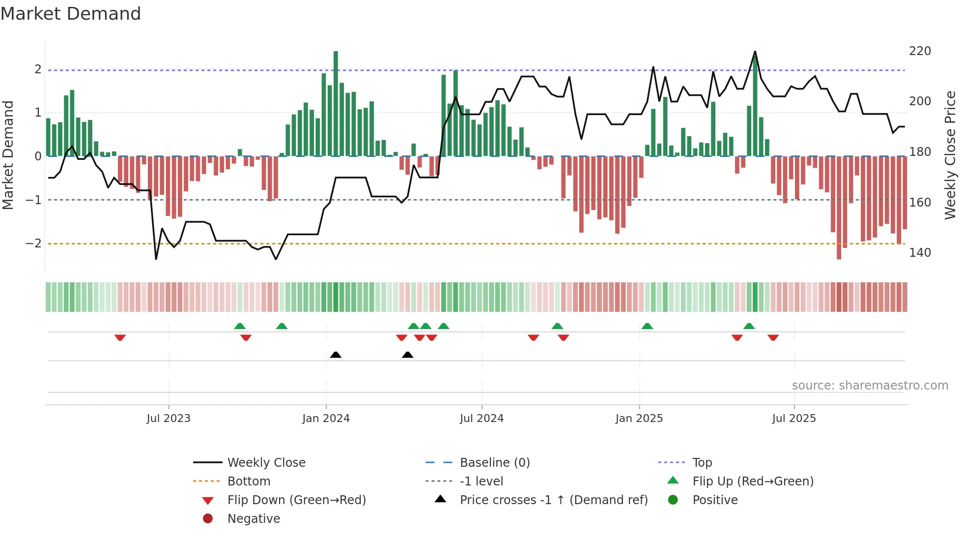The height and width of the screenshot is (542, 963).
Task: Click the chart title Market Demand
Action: coord(71,14)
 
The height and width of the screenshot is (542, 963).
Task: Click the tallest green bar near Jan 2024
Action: coord(336,103)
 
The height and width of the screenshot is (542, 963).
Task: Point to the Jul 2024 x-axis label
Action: coord(481,419)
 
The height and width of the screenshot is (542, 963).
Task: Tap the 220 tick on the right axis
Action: coord(920,51)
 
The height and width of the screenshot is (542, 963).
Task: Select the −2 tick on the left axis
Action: coord(33,243)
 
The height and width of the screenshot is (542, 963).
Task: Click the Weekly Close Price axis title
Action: coord(950,155)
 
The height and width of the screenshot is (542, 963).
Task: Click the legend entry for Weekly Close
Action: coord(266,463)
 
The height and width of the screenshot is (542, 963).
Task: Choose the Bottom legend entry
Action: coord(249,482)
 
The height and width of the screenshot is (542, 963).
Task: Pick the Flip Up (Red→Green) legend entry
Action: coord(753,482)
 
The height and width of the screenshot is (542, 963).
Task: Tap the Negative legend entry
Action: coord(254,519)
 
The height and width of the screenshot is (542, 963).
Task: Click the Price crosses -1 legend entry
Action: coord(553,500)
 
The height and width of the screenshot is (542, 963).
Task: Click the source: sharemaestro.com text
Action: coord(870,386)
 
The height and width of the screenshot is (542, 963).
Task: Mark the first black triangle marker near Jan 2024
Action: coord(336,355)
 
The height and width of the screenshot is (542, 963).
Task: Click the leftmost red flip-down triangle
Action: coord(120,337)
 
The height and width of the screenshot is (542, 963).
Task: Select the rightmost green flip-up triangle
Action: coord(749,326)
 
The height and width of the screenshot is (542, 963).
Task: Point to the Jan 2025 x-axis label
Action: coord(639,419)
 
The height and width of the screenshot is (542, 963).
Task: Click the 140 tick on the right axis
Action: coord(920,253)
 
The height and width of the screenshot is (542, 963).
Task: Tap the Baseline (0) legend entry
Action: coord(494,463)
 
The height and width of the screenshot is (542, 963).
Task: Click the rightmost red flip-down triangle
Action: coord(773,337)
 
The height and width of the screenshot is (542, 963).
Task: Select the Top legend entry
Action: coord(702,463)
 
